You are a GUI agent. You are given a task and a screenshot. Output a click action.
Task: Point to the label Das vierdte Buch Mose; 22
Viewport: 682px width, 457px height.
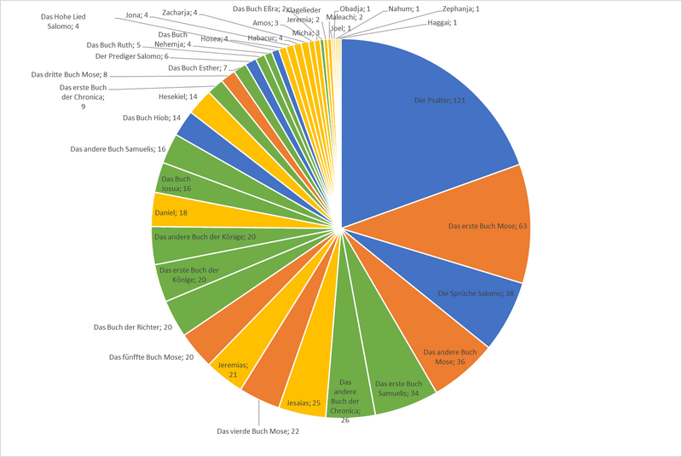257,431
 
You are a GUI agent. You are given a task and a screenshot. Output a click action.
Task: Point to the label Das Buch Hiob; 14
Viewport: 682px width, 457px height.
153,118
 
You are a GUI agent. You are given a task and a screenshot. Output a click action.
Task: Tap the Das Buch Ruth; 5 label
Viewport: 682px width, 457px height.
113,44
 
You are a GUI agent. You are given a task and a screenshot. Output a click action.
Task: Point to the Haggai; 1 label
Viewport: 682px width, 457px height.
442,22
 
